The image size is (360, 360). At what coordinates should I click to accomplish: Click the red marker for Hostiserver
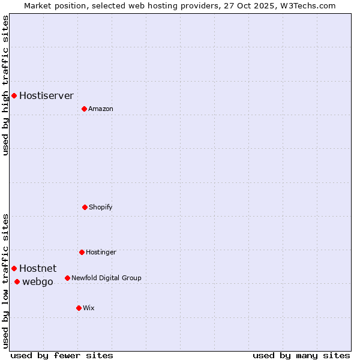click(14, 95)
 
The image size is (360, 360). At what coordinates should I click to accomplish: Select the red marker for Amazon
click(84, 109)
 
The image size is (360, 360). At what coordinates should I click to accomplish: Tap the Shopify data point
click(85, 207)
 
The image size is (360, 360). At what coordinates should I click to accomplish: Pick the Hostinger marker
click(82, 252)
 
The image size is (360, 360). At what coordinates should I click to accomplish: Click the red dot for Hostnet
click(14, 268)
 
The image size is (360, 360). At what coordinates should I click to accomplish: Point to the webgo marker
click(17, 281)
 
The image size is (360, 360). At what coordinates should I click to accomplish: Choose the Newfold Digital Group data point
click(67, 278)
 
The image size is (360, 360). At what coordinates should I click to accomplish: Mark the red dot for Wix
click(79, 308)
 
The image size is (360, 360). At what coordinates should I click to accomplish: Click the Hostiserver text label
click(46, 95)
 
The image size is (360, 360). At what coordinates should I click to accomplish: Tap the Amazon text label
click(101, 109)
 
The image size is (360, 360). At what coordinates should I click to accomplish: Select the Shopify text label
click(101, 207)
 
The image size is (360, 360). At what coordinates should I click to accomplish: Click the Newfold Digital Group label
click(106, 278)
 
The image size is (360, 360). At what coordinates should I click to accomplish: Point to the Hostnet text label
click(38, 268)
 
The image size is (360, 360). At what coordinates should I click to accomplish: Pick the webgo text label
click(38, 281)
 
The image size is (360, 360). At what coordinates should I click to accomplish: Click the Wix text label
click(89, 308)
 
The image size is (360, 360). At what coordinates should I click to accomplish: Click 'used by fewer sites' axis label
click(62, 355)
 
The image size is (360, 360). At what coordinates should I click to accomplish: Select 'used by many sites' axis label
click(301, 355)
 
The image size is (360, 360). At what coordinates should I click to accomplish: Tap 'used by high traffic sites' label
click(5, 85)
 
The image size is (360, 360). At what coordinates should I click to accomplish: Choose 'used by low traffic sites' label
click(5, 281)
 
